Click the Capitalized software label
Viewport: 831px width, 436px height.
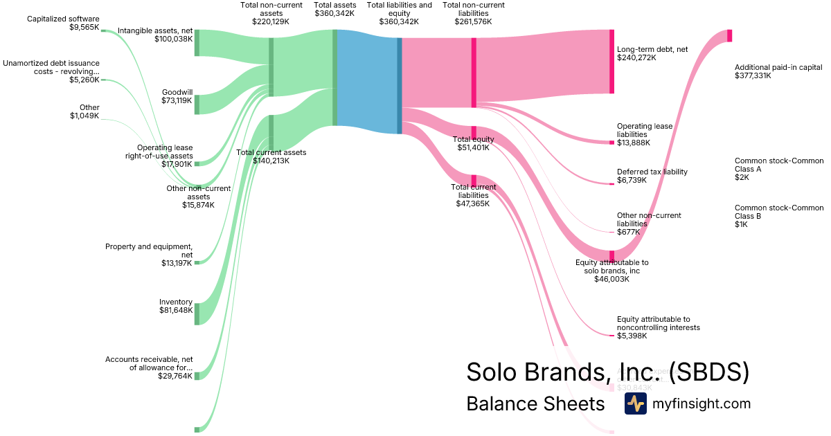coord(63,19)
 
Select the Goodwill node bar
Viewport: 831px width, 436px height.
coord(197,105)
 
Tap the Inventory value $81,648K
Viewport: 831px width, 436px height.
coord(175,311)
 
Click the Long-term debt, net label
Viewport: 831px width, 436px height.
coord(652,49)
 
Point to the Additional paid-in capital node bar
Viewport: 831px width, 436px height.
coord(729,36)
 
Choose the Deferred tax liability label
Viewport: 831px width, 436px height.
coord(652,172)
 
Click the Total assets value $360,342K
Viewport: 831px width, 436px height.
coord(336,13)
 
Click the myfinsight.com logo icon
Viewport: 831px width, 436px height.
coord(635,403)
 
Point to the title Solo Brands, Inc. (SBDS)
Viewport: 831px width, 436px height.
coord(607,372)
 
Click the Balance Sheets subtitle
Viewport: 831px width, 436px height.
coord(535,403)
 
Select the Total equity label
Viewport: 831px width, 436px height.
coord(473,139)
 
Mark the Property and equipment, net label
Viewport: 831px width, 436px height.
coord(149,251)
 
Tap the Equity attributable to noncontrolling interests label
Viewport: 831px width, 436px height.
coord(658,323)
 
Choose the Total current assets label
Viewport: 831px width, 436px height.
coord(271,152)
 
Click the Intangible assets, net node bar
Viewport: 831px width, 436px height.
coord(197,42)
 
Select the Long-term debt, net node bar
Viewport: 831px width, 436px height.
coord(611,62)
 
